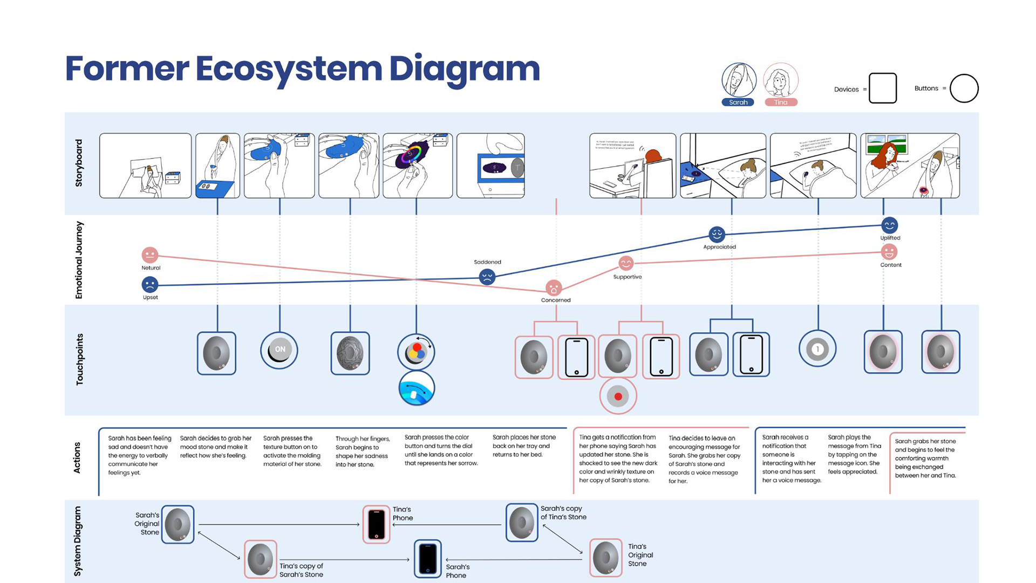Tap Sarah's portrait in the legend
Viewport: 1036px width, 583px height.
pyautogui.click(x=739, y=81)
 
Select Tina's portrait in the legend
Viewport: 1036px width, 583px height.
pyautogui.click(x=780, y=81)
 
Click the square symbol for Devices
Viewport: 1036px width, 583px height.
pyautogui.click(x=883, y=88)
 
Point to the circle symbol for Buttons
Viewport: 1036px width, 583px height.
pyautogui.click(x=964, y=88)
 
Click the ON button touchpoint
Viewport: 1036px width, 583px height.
pyautogui.click(x=280, y=349)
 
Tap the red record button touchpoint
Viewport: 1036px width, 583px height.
pyautogui.click(x=618, y=396)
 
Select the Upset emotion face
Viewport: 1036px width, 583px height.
pyautogui.click(x=149, y=284)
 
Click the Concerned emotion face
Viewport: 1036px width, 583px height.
pyautogui.click(x=554, y=288)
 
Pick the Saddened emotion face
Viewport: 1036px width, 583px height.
pyautogui.click(x=487, y=277)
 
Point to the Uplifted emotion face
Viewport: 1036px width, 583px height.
pyautogui.click(x=889, y=225)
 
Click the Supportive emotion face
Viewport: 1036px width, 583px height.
pyautogui.click(x=626, y=263)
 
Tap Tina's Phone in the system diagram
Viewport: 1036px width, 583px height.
pyautogui.click(x=376, y=524)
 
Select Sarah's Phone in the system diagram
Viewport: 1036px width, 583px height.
pyautogui.click(x=428, y=559)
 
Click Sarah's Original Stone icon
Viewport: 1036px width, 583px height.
pyautogui.click(x=178, y=524)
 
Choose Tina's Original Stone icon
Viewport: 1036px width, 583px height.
pyautogui.click(x=605, y=558)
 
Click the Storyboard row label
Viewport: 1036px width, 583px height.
pyautogui.click(x=79, y=163)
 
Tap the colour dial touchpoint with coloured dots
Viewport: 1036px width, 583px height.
pyautogui.click(x=416, y=352)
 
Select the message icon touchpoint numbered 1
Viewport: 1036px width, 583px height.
pyautogui.click(x=817, y=349)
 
